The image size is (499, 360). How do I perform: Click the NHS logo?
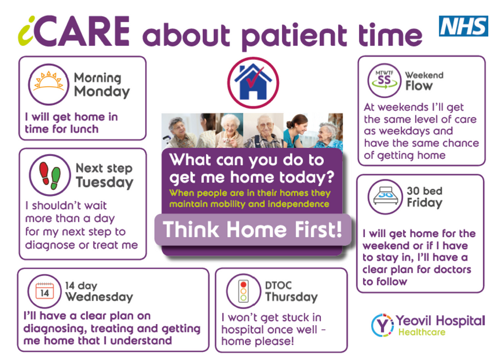(463, 26)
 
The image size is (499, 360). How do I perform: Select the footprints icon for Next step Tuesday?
(49, 175)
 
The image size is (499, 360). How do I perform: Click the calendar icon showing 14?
(43, 291)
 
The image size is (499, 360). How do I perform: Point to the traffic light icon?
(244, 290)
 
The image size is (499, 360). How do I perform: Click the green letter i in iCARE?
(27, 33)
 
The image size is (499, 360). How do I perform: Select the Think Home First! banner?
(252, 229)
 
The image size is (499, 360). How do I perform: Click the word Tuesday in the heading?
(104, 183)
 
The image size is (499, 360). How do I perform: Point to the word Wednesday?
(99, 297)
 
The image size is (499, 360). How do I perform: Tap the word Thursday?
(291, 297)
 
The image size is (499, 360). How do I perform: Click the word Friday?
(424, 203)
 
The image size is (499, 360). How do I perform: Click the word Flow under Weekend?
(418, 86)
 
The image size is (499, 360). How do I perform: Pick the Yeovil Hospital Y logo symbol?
(382, 325)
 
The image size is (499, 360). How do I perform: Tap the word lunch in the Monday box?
(83, 129)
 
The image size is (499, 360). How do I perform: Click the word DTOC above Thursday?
(279, 284)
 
